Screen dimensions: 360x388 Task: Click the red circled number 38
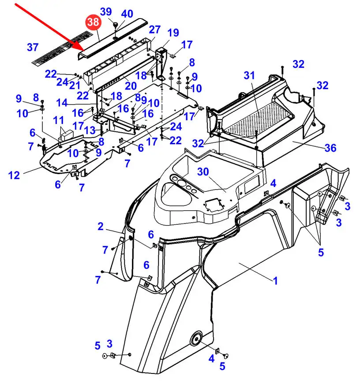click(94, 22)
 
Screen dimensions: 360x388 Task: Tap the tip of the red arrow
click(85, 51)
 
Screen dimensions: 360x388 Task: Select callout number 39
click(106, 11)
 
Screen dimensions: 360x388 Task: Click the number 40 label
click(127, 14)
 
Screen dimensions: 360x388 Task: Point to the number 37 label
click(33, 47)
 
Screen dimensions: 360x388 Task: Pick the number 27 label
click(155, 30)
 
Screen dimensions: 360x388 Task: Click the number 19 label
click(173, 33)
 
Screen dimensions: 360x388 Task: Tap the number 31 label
click(249, 75)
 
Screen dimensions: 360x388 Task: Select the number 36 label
click(330, 148)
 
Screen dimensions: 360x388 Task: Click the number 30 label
click(203, 172)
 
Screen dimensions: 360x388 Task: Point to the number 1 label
click(275, 281)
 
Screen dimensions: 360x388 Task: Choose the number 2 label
click(100, 227)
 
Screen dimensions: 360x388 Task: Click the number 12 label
click(14, 175)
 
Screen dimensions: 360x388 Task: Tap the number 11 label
click(58, 120)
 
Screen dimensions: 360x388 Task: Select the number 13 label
click(90, 130)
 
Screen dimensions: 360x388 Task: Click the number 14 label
click(62, 103)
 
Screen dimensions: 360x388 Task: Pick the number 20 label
click(131, 86)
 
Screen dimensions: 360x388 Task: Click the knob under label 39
click(116, 25)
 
